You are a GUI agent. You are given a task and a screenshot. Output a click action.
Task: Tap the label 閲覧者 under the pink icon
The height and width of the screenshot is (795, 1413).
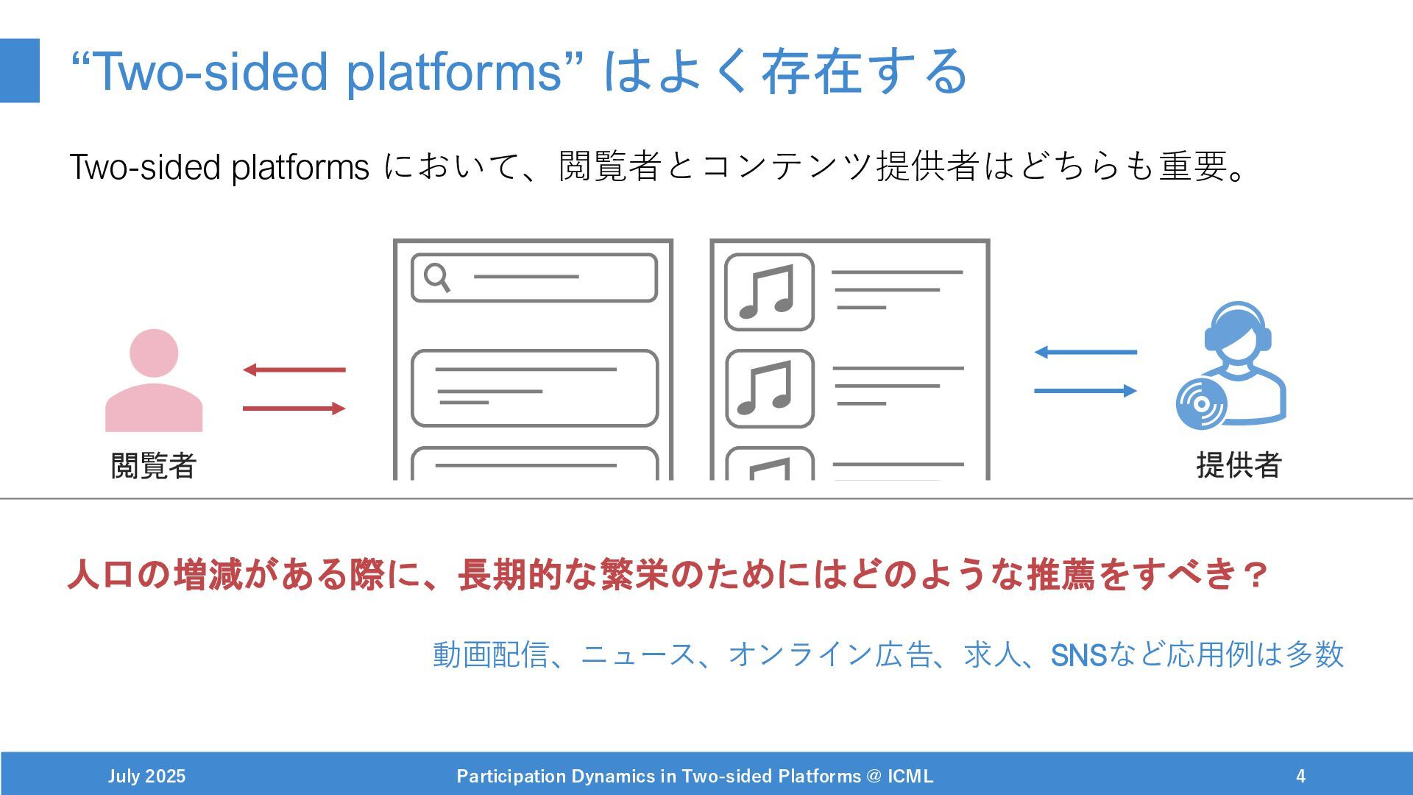[x=153, y=465]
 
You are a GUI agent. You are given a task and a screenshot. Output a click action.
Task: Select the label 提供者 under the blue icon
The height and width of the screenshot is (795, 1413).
[x=1239, y=465]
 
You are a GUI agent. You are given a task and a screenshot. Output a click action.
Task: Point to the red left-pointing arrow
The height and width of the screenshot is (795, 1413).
[x=294, y=370]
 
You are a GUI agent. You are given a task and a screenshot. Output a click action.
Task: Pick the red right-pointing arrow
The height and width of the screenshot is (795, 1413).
[x=294, y=408]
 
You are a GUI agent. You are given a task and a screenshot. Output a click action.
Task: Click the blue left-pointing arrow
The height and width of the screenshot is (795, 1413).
[x=1086, y=352]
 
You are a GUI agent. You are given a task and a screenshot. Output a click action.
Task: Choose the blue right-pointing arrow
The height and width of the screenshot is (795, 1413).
[x=1086, y=390]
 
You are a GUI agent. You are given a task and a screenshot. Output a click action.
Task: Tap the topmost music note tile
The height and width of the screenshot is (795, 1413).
[x=769, y=292]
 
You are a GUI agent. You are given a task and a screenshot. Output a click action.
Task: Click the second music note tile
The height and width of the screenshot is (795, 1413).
[x=769, y=389]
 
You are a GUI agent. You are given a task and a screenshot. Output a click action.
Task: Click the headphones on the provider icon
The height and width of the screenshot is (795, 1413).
[x=1238, y=324]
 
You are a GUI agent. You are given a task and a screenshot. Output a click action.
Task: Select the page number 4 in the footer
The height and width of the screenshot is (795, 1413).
[x=1300, y=776]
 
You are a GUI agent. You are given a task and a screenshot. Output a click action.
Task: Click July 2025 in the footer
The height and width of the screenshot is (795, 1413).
[x=146, y=776]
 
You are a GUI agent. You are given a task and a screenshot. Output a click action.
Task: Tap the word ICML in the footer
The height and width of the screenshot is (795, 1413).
[x=910, y=776]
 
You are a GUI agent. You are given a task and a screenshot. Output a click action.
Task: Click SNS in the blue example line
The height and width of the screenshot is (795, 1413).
[x=1078, y=654]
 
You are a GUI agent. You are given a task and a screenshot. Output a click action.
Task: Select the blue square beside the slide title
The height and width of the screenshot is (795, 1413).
[x=19, y=71]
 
